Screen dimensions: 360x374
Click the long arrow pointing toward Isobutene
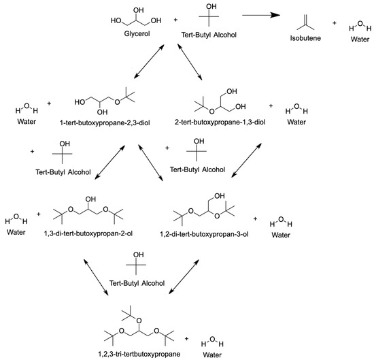255,14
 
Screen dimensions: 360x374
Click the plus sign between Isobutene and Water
334,23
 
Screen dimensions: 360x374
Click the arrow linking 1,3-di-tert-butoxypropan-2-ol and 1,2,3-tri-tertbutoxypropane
95,275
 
